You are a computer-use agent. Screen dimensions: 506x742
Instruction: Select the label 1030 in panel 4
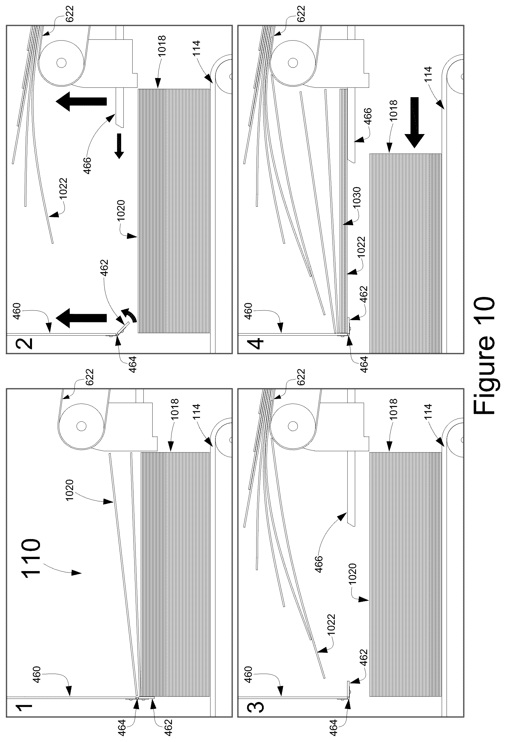tap(356, 197)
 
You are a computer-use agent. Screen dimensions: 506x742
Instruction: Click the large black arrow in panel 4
tap(414, 123)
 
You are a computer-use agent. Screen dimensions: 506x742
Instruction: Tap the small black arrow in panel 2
tap(119, 146)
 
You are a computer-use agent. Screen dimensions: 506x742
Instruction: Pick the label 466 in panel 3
tap(319, 564)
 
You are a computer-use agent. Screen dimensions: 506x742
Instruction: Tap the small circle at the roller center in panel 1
tap(81, 426)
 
